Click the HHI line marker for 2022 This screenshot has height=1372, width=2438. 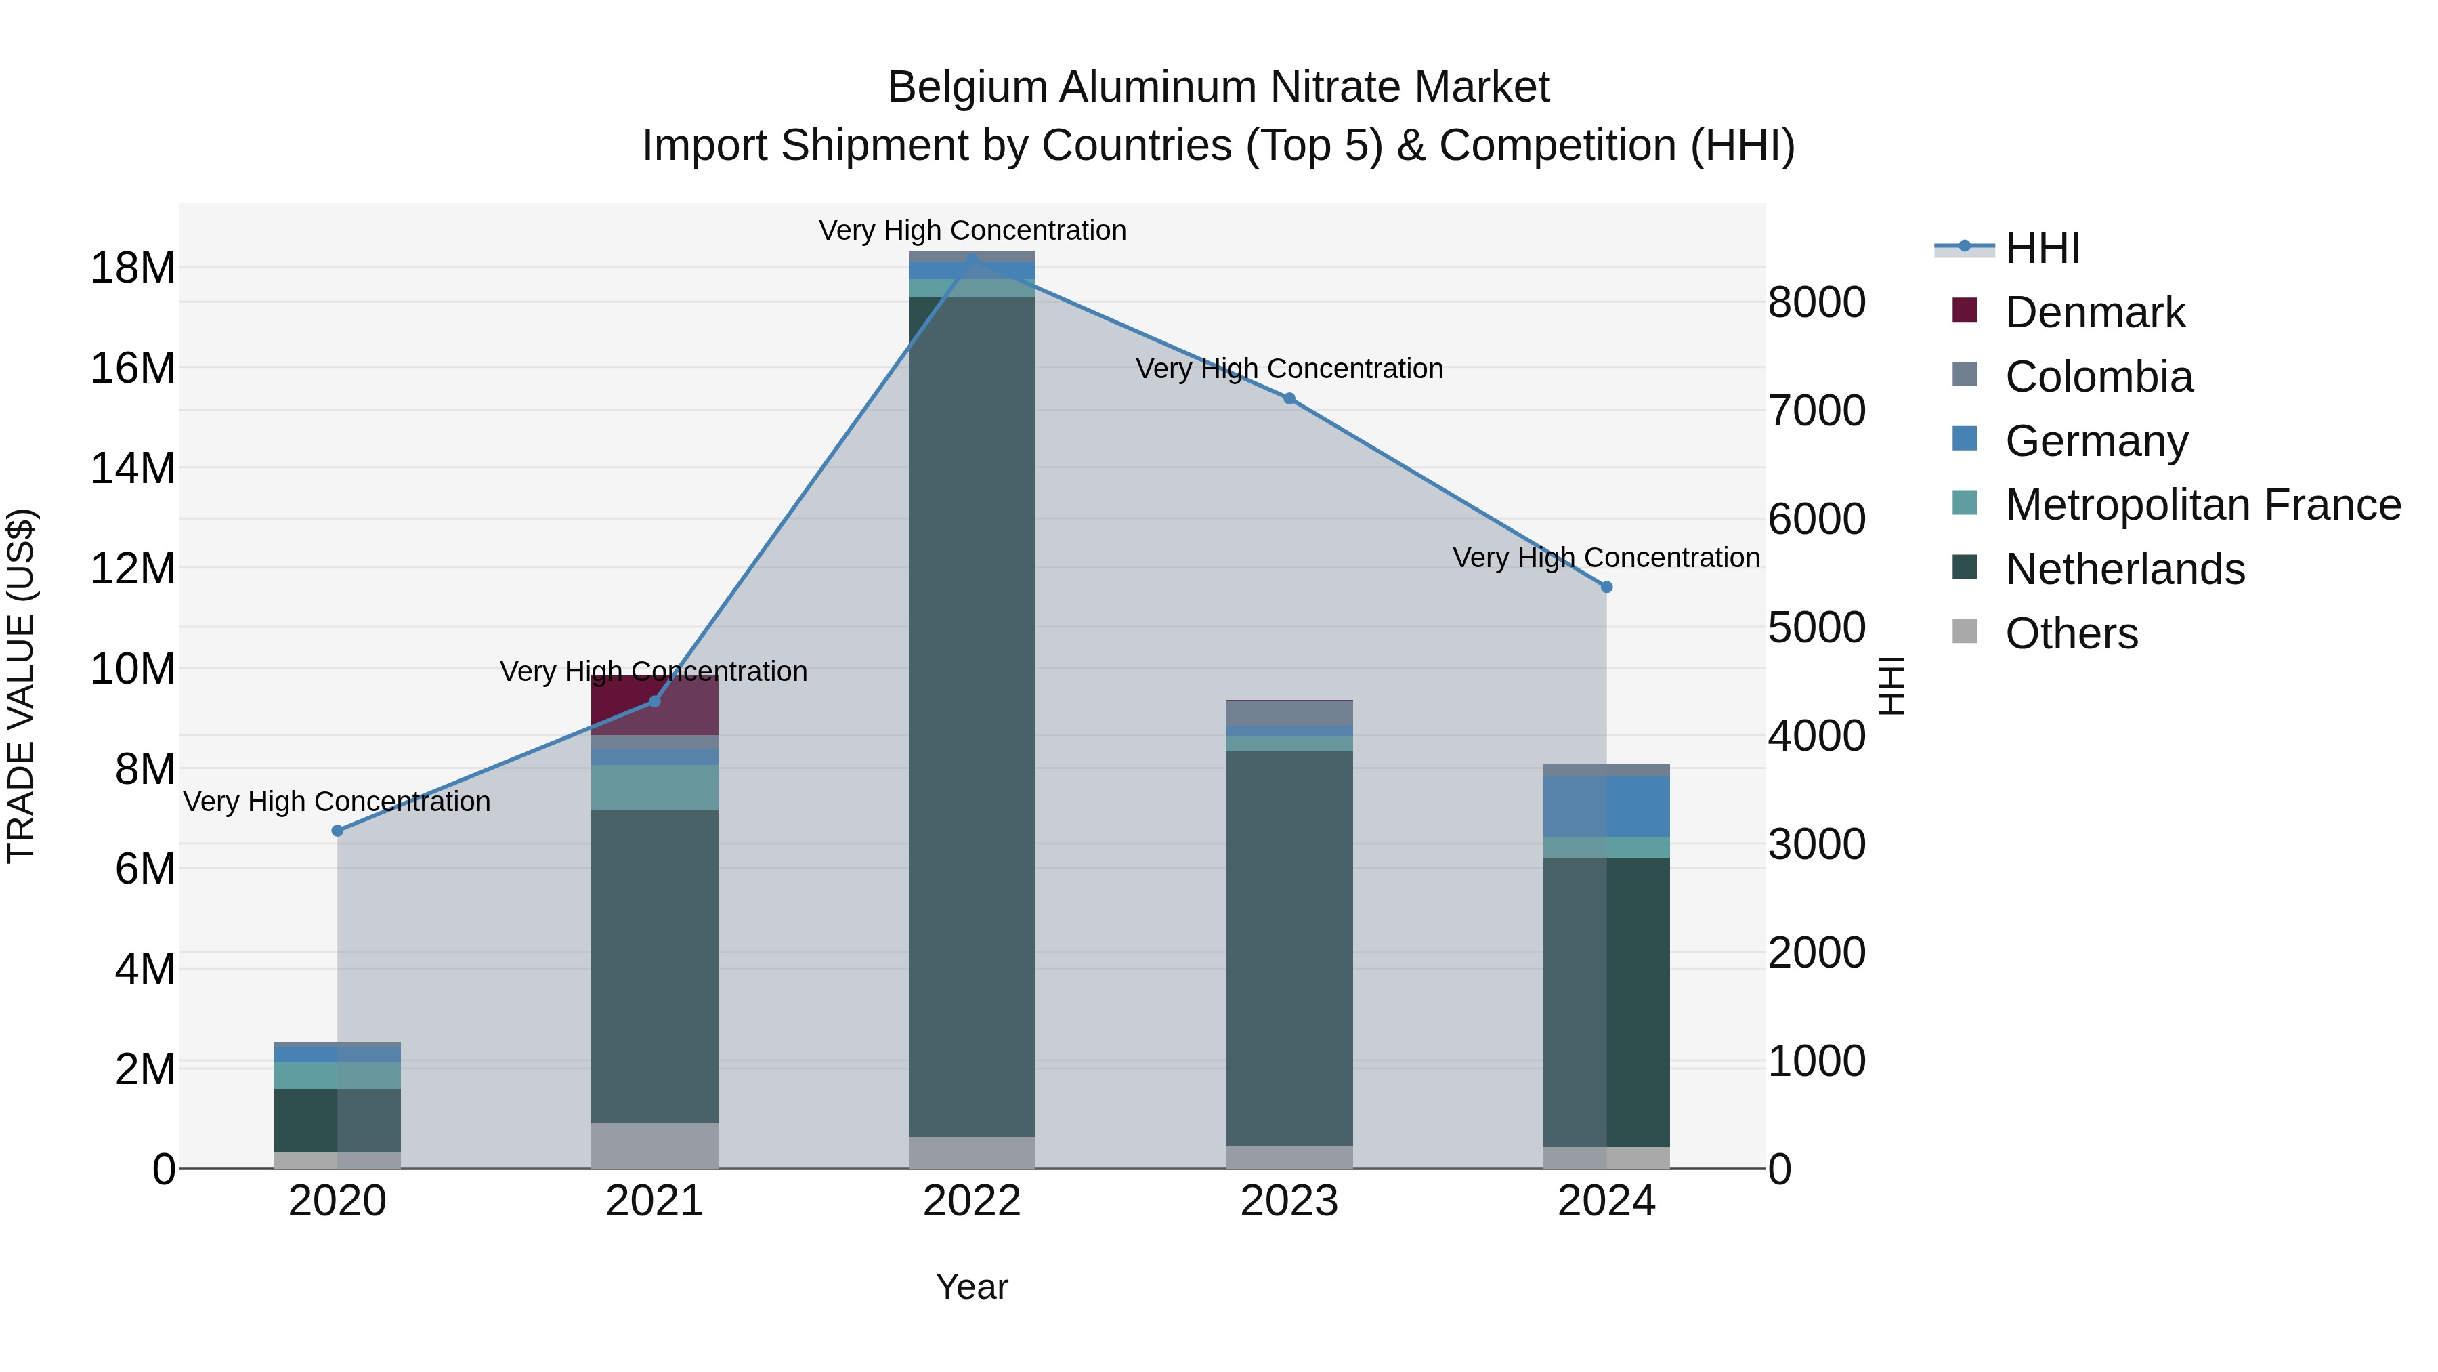(972, 259)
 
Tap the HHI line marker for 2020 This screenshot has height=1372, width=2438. (338, 831)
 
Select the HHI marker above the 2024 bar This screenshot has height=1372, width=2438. (1606, 587)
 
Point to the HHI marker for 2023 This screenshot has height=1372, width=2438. (1289, 398)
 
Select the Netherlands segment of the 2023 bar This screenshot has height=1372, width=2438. (1289, 947)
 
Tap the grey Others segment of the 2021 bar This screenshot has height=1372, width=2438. (654, 1146)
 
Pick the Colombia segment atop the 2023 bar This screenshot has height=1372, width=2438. (1289, 712)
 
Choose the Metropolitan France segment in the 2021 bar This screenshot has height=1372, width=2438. (654, 787)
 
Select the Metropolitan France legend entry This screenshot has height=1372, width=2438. (2202, 505)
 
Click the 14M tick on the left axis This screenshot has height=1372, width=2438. (133, 467)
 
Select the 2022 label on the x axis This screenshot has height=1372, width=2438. (972, 1201)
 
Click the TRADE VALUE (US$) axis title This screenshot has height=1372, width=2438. (21, 686)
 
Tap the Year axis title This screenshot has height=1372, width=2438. (972, 1287)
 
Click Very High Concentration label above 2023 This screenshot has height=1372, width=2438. (1289, 369)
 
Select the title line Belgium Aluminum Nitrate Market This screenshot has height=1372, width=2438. (1218, 87)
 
